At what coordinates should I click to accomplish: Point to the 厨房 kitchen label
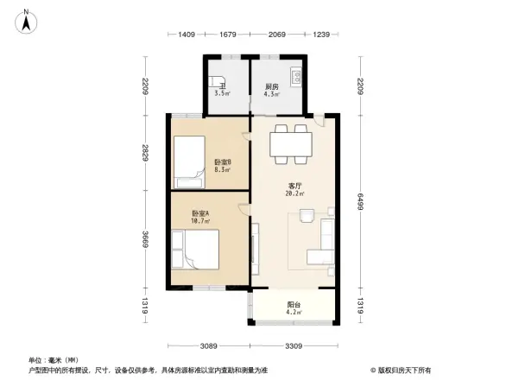(271, 86)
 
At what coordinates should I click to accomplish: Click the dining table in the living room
(290, 143)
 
